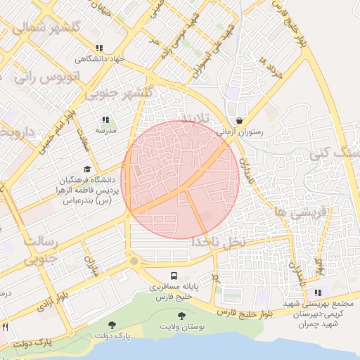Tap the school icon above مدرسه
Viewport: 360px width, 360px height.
pyautogui.click(x=106, y=120)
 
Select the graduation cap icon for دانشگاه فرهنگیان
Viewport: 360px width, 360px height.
pyautogui.click(x=86, y=169)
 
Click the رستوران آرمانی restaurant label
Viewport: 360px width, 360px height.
pyautogui.click(x=241, y=131)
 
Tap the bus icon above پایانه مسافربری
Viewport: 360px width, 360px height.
pyautogui.click(x=174, y=275)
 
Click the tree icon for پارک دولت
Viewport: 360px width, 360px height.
pyautogui.click(x=112, y=324)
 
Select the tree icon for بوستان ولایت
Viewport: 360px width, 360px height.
pyautogui.click(x=182, y=317)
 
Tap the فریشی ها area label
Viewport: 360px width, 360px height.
pyautogui.click(x=302, y=210)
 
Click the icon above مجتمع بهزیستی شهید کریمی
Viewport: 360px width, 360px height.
pyautogui.click(x=319, y=292)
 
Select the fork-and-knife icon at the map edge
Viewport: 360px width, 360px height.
pyautogui.click(x=5, y=327)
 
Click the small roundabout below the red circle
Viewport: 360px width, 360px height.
pyautogui.click(x=134, y=262)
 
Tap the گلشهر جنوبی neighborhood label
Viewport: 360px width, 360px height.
pyautogui.click(x=119, y=93)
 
